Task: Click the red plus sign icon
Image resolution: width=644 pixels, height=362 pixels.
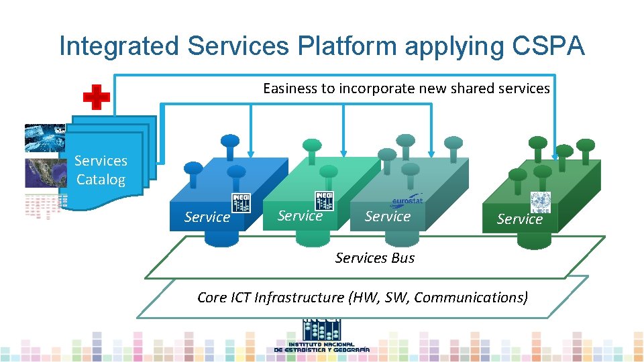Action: click(x=97, y=98)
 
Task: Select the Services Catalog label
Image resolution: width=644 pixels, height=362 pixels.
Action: click(x=101, y=170)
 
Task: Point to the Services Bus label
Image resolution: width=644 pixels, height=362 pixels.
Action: click(x=375, y=258)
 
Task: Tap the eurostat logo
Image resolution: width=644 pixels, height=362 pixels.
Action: click(x=406, y=200)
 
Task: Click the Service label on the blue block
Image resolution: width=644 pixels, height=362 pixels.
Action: click(x=207, y=217)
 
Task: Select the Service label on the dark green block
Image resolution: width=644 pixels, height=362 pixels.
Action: click(x=520, y=219)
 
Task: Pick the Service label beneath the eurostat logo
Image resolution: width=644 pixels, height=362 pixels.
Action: click(x=388, y=216)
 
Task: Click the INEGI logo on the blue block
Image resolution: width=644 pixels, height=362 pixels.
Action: click(x=241, y=202)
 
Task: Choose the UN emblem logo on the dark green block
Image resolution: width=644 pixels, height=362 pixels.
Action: click(x=540, y=202)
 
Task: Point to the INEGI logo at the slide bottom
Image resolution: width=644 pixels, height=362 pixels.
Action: click(x=322, y=335)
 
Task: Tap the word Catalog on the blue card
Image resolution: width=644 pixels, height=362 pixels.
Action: click(x=101, y=180)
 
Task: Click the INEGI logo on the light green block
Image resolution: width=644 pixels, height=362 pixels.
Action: click(x=324, y=200)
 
